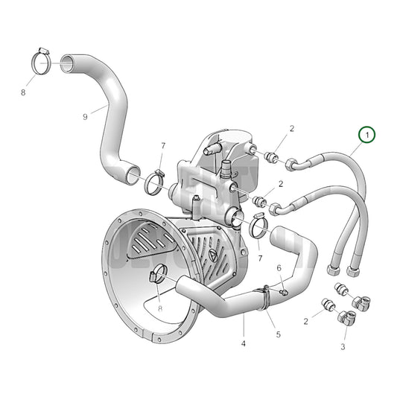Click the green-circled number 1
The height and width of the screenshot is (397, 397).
pyautogui.click(x=366, y=135)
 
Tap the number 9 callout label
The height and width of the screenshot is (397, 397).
pyautogui.click(x=86, y=115)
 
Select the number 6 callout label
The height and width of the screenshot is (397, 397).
pyautogui.click(x=279, y=268)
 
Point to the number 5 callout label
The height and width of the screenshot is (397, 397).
pyautogui.click(x=279, y=334)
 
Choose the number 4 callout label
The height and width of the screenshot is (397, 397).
pyautogui.click(x=243, y=343)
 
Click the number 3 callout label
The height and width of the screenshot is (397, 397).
pyautogui.click(x=343, y=347)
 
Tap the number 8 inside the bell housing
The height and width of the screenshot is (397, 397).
pyautogui.click(x=159, y=307)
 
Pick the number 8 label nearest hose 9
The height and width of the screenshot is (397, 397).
pyautogui.click(x=23, y=93)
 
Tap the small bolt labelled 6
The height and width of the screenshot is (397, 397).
pyautogui.click(x=283, y=293)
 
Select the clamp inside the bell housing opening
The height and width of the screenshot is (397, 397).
pyautogui.click(x=159, y=275)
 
